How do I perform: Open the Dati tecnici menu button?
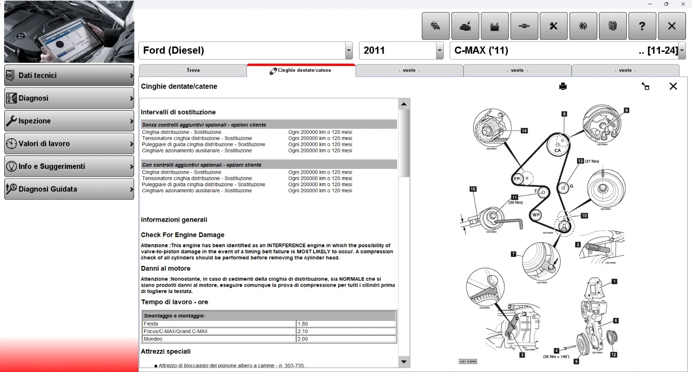(69, 75)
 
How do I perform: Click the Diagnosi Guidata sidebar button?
(69, 189)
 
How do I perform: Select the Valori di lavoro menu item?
(69, 144)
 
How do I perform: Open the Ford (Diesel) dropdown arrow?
(349, 51)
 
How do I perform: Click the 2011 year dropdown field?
(397, 51)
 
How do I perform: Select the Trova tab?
(193, 70)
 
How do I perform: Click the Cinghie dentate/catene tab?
(301, 70)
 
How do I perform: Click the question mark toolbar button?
(642, 26)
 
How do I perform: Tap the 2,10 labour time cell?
(346, 331)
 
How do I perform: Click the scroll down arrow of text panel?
(404, 362)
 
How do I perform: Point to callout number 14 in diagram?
(524, 131)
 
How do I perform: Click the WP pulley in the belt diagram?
(536, 215)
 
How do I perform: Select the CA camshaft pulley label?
(557, 150)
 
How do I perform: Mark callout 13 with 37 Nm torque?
(580, 161)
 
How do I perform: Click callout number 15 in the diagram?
(473, 189)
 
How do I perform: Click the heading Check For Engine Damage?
(183, 235)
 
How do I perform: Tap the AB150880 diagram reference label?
(468, 361)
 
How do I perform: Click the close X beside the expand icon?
(673, 86)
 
